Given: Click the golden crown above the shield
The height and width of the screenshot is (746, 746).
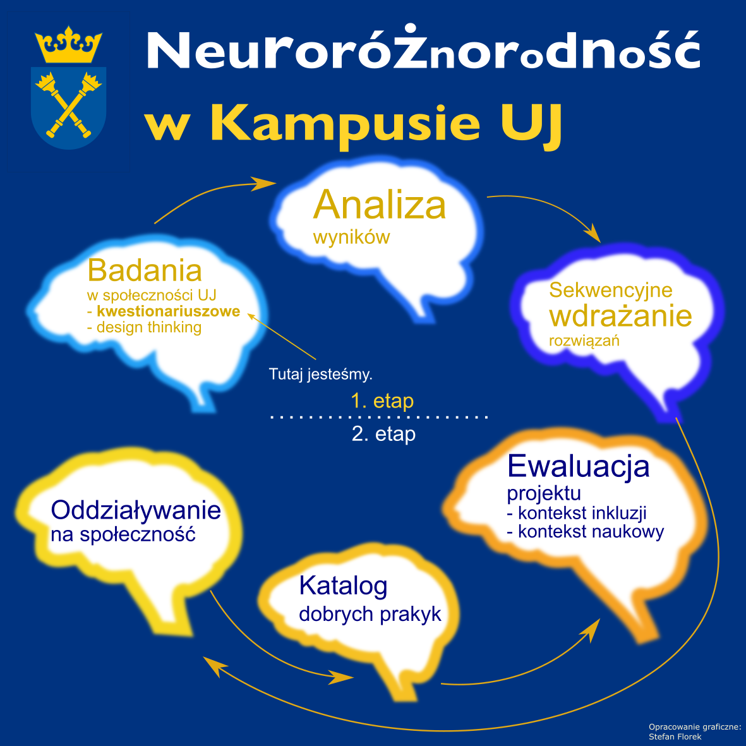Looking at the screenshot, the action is [x=68, y=45].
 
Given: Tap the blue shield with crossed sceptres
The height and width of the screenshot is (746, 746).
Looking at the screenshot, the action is [x=68, y=107].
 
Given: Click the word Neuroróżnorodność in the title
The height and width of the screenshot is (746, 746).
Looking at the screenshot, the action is [x=423, y=49].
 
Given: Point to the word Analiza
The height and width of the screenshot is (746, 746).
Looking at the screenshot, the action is [x=379, y=205].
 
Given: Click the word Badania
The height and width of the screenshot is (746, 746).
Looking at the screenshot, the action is [x=145, y=270].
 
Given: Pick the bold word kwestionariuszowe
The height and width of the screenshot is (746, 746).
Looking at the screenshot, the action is [x=169, y=311].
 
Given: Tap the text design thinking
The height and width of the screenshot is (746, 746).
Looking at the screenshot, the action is [x=149, y=327].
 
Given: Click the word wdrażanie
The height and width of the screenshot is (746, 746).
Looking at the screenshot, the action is [x=620, y=316].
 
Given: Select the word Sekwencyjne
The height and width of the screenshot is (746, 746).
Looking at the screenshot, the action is [x=610, y=290].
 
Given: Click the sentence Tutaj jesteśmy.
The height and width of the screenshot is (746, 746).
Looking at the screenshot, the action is [x=321, y=375].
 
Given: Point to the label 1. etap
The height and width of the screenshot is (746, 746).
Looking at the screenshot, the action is [x=382, y=401].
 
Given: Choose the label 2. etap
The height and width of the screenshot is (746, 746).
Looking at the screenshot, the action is [x=383, y=434].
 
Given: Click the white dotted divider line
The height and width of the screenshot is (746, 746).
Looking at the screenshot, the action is [x=379, y=418].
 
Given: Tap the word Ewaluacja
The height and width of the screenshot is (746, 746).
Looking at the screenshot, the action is [x=579, y=466].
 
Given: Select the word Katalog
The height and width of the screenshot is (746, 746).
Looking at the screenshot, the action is [x=343, y=586].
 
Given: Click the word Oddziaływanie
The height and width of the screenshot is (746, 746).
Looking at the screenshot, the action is [x=136, y=510].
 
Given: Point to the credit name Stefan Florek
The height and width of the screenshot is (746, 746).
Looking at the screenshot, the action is [x=675, y=737].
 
